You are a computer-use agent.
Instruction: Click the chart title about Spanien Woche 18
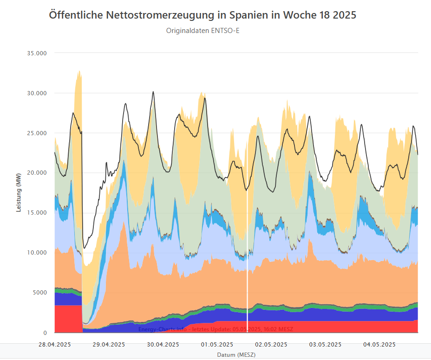point(202,15)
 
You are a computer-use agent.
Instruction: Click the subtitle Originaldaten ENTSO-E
point(202,31)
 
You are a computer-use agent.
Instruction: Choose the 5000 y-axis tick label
point(39,293)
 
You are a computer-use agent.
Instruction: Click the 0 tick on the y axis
point(45,333)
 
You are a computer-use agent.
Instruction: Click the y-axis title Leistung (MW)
point(19,193)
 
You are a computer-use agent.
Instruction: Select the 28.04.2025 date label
point(55,345)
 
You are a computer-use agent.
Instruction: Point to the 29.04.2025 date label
point(109,345)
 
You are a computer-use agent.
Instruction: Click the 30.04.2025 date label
point(163,345)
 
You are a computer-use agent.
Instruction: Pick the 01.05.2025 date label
point(217,345)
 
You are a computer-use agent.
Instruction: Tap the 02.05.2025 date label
point(271,345)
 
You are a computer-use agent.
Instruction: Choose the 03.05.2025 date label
point(325,345)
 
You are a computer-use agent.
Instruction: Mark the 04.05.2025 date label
point(379,345)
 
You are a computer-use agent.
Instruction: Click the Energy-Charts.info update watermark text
point(215,329)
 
